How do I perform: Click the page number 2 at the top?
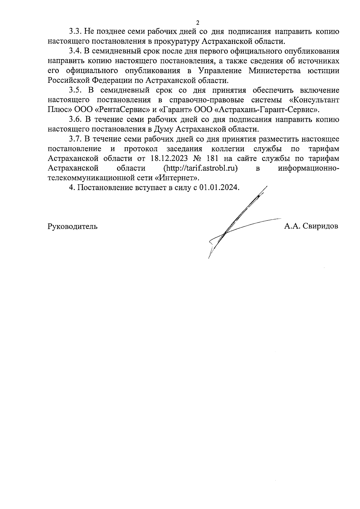pyautogui.click(x=197, y=22)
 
